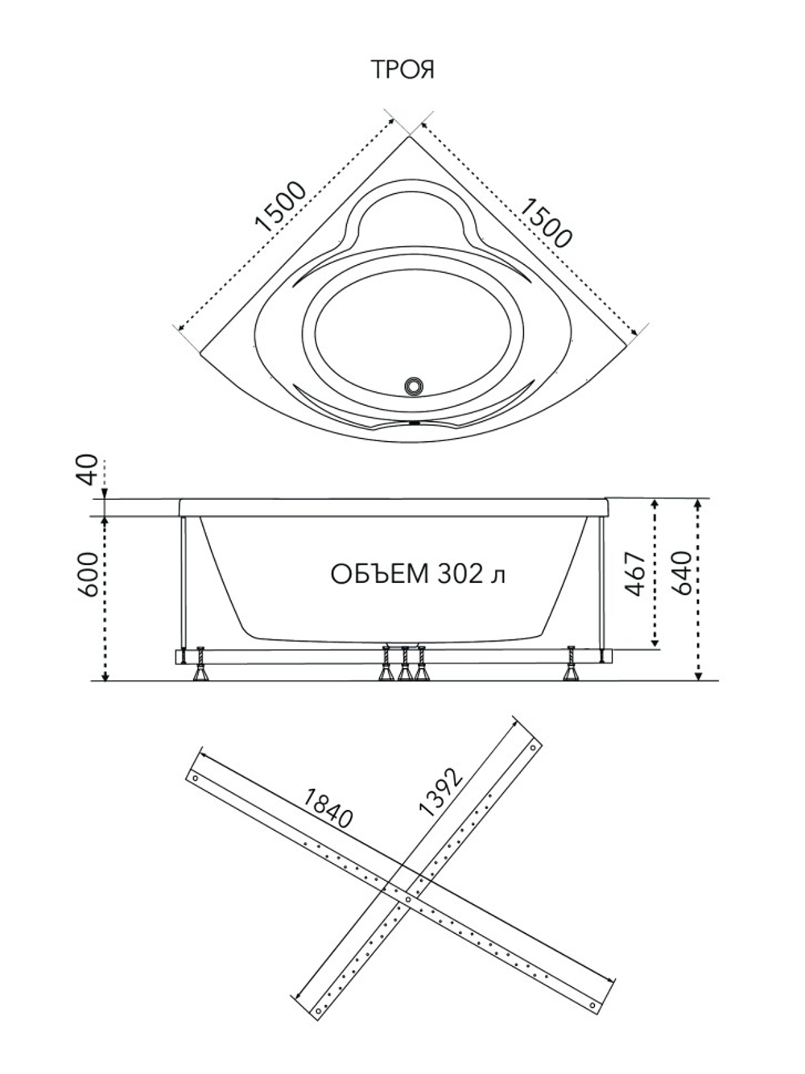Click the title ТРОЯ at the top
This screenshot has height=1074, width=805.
(x=404, y=69)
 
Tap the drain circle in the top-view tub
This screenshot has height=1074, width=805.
(x=414, y=385)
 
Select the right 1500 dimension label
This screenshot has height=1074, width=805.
(x=545, y=223)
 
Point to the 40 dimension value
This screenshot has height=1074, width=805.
(x=89, y=469)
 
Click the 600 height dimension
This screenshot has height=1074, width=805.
(x=89, y=574)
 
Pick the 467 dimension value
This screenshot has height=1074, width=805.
(x=636, y=574)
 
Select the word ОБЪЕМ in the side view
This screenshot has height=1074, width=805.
(x=380, y=574)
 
